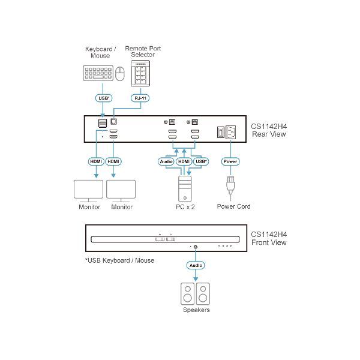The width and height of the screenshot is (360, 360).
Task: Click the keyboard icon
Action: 95,74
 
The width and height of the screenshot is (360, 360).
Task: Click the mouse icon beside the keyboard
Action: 120,74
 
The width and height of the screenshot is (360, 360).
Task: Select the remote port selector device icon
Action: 140,74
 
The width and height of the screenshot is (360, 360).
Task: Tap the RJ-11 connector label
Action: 140,98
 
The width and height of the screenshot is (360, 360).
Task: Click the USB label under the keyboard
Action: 104,98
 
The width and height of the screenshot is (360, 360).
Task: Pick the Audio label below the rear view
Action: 167,161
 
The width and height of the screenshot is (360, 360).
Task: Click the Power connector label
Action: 230,161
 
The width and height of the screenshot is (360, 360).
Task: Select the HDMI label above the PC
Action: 184,161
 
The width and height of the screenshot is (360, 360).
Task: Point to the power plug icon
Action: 230,185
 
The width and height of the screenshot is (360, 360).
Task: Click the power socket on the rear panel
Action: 232,133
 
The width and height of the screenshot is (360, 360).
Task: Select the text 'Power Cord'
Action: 233,206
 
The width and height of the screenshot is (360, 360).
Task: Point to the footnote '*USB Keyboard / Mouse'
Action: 119,260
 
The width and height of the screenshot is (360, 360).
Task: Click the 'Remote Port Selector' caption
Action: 146,52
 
